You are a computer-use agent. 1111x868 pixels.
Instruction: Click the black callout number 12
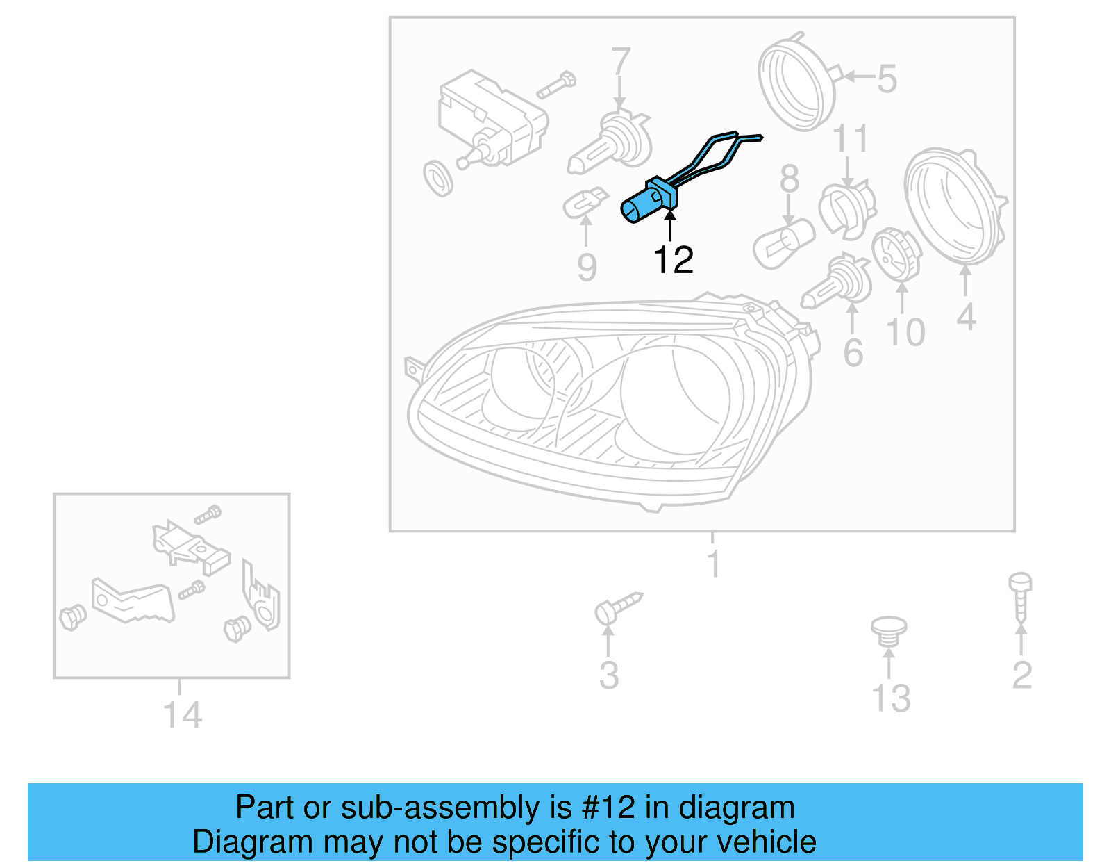[673, 260]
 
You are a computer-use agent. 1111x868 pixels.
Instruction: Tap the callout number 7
[620, 61]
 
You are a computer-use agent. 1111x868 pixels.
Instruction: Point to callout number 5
[887, 79]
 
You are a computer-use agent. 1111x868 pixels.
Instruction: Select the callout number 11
[850, 139]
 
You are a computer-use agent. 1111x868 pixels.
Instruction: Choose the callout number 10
[905, 332]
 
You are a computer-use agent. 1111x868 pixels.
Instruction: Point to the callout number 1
[713, 564]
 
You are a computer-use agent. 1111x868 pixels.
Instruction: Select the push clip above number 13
[889, 631]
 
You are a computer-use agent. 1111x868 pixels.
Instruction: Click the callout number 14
[182, 714]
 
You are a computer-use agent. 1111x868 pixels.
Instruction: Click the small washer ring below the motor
[438, 179]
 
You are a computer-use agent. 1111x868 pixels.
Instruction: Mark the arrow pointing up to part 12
[670, 225]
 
